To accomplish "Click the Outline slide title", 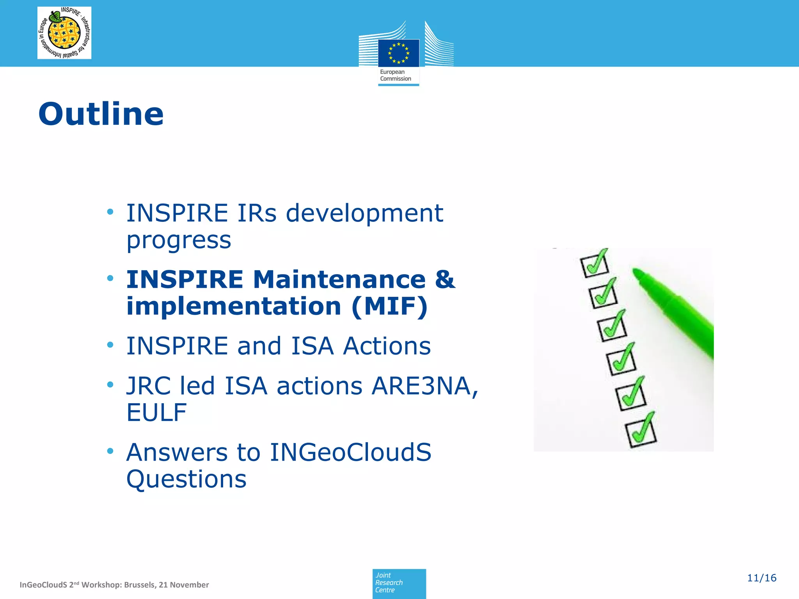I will point(101,114).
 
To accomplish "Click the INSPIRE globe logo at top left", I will point(64,33).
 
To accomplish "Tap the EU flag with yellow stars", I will point(398,53).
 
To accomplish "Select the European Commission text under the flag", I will point(395,75).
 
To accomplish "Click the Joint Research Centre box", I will point(399,583).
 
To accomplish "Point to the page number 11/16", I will point(761,578).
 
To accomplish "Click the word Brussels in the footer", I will point(140,585).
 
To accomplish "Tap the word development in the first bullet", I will point(364,213).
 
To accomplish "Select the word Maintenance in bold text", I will point(339,280).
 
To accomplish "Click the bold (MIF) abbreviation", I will point(389,307).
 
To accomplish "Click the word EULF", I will point(156,413).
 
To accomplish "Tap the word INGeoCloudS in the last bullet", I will point(350,452).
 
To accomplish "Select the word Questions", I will point(186,479).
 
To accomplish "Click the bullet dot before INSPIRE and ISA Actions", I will point(110,345).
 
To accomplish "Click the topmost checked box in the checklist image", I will point(594,264).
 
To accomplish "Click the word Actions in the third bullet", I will point(387,346).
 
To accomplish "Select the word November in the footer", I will point(189,585).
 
